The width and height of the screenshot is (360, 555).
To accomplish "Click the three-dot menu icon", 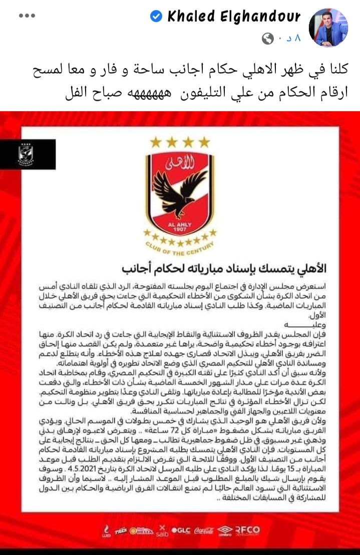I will pyautogui.click(x=27, y=16).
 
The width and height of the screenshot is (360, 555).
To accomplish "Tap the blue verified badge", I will pyautogui.click(x=156, y=17).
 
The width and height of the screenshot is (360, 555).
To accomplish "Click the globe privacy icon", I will pyautogui.click(x=268, y=38).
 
